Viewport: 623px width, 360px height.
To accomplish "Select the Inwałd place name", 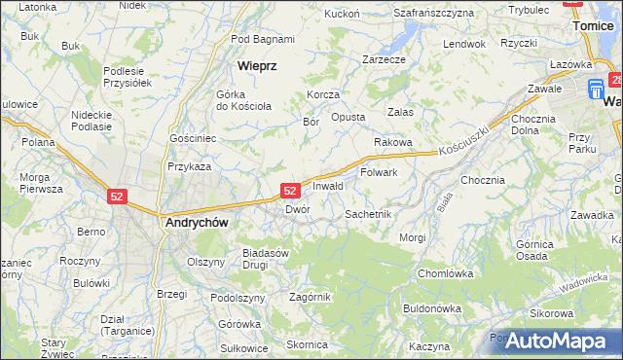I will pyautogui.click(x=328, y=186).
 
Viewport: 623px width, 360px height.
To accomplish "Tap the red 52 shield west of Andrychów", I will pyautogui.click(x=117, y=196).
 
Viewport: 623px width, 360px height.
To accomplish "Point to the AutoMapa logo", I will pyautogui.click(x=556, y=341).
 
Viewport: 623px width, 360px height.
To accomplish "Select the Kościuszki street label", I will pyautogui.click(x=461, y=147).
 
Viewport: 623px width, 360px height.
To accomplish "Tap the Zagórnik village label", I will pyautogui.click(x=311, y=297).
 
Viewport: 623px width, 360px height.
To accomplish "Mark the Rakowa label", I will pyautogui.click(x=394, y=142).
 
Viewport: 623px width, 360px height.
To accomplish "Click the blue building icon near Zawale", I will pyautogui.click(x=597, y=90).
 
